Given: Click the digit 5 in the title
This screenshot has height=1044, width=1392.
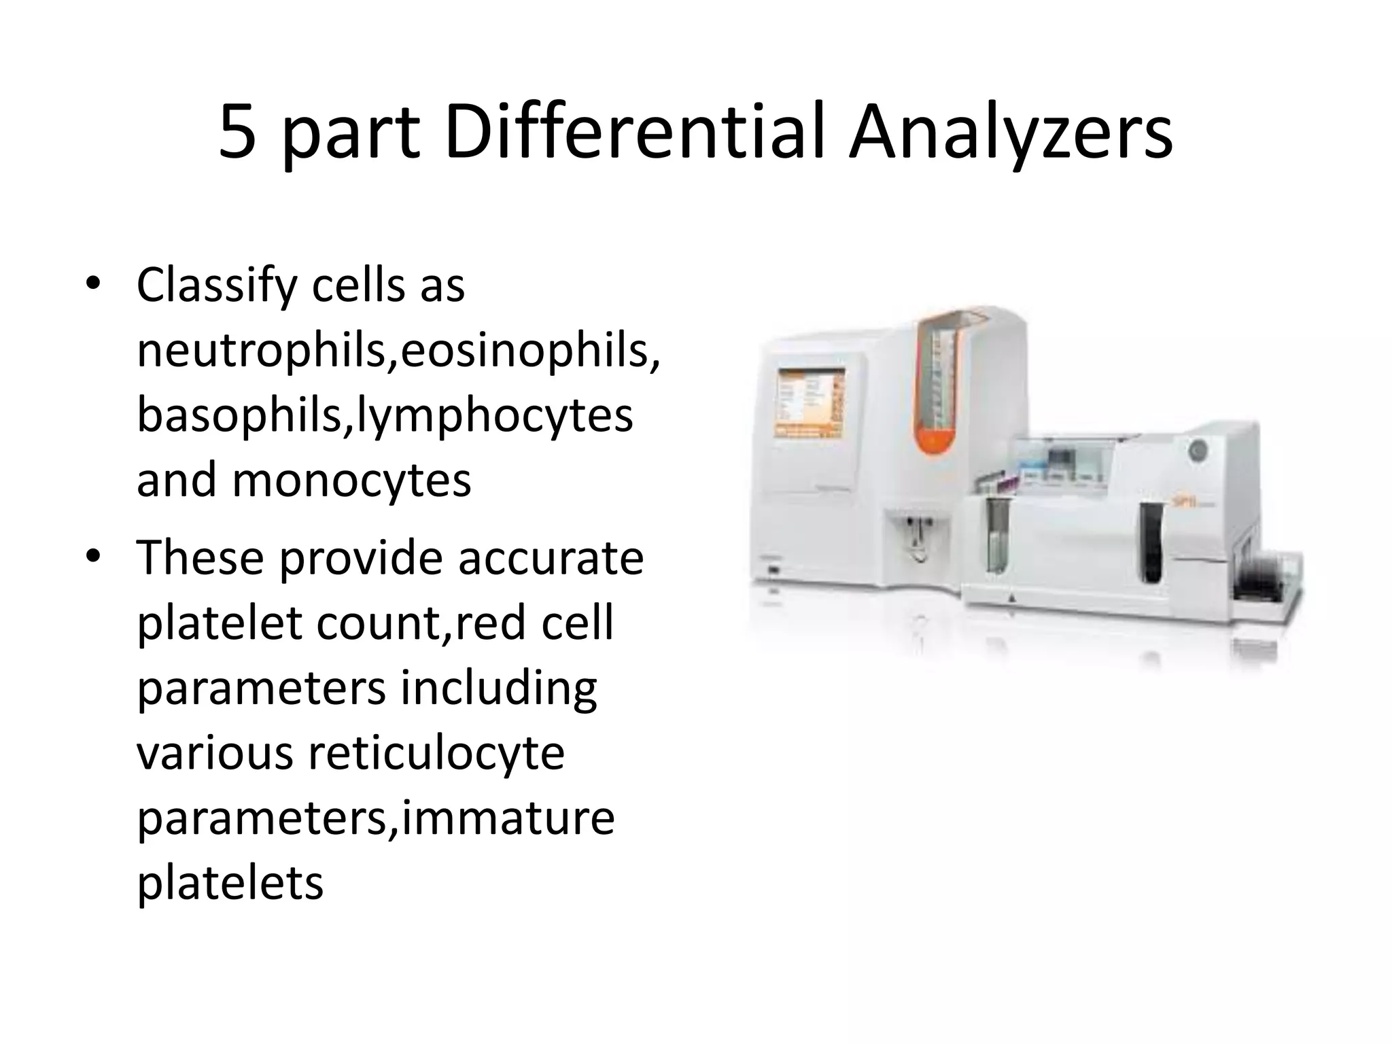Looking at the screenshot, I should (x=238, y=134).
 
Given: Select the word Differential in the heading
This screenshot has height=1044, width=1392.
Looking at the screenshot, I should (x=635, y=133).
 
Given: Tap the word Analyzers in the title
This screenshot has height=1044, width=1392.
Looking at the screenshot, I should (x=1011, y=134).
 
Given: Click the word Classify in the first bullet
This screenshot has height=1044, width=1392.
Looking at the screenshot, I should (x=217, y=286).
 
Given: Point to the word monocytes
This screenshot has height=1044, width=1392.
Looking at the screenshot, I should (x=351, y=480).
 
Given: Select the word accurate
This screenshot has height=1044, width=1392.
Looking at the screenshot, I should (x=551, y=559).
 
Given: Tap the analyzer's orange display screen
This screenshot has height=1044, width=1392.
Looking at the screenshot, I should (x=811, y=404).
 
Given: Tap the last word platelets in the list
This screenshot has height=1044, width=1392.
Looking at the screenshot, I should (x=230, y=884).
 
